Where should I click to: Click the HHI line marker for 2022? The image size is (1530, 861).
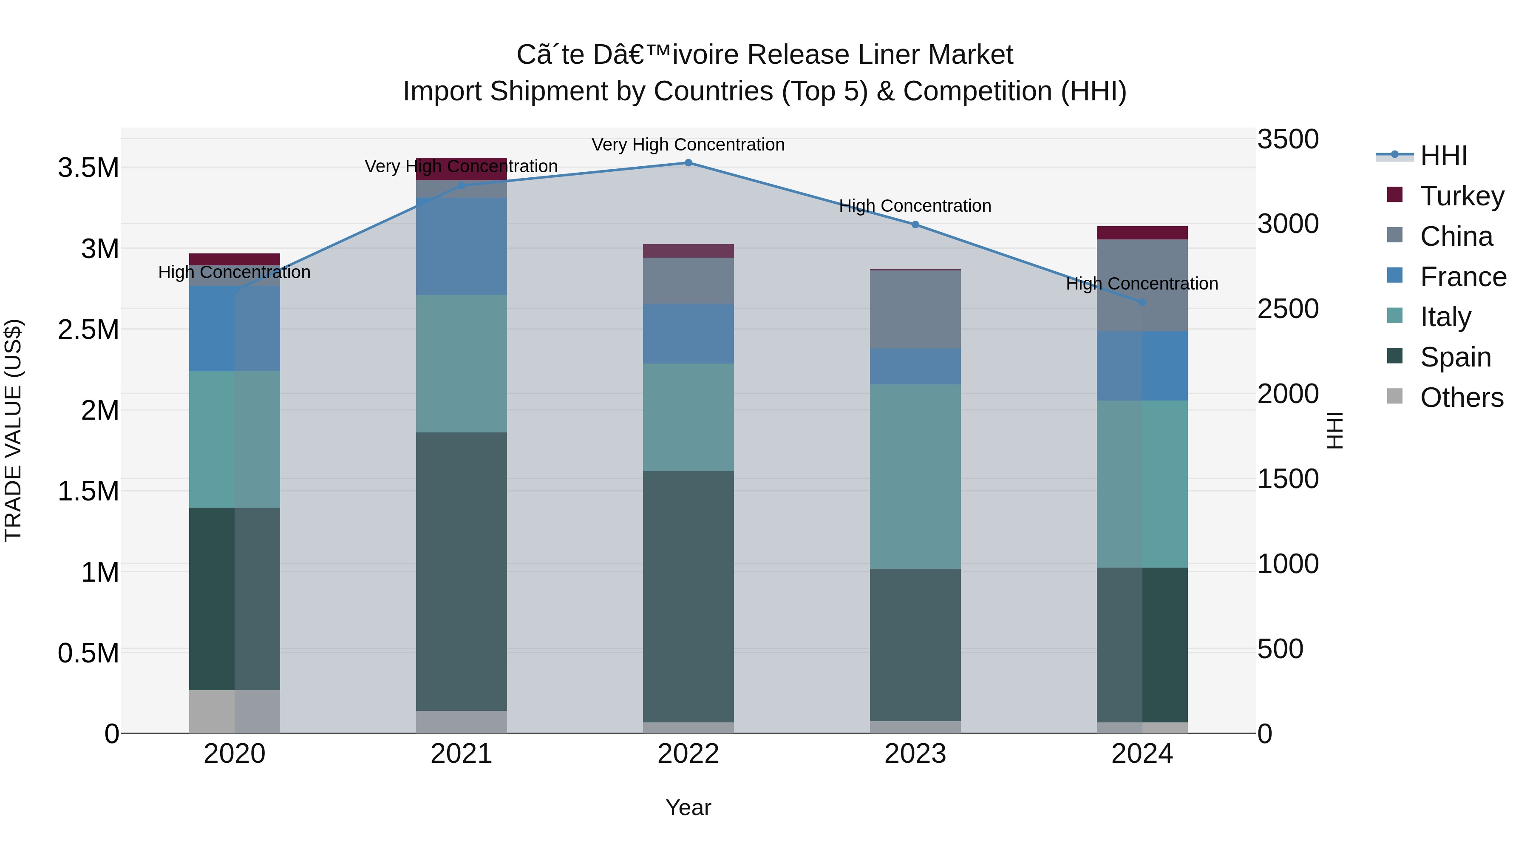(x=688, y=163)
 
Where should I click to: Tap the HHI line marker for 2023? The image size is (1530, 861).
(x=915, y=224)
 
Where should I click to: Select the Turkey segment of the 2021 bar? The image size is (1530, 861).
(x=462, y=169)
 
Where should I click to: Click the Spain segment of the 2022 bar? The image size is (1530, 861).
(x=688, y=597)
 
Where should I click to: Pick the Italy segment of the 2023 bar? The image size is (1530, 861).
(x=915, y=477)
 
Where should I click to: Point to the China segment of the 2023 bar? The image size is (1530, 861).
(x=915, y=309)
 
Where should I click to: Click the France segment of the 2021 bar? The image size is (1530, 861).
(x=462, y=247)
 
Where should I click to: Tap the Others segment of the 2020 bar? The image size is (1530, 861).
(x=235, y=711)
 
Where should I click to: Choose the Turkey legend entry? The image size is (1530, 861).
(x=1462, y=196)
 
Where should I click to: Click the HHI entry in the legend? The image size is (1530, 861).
(x=1443, y=156)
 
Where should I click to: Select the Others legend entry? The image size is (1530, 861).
(x=1461, y=398)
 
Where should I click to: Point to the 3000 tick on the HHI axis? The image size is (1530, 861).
(x=1288, y=224)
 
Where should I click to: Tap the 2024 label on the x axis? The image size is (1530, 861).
(x=1142, y=754)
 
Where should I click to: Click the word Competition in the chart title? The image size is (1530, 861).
(x=977, y=91)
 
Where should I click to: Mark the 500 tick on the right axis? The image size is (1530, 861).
(x=1280, y=649)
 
